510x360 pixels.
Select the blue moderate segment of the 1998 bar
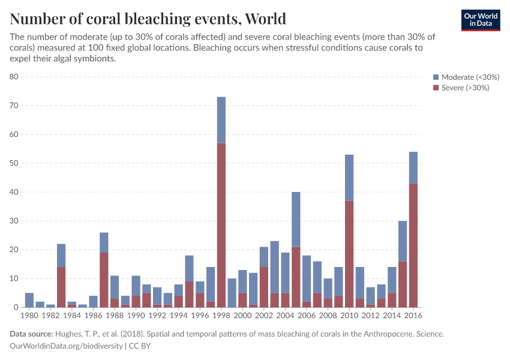221,120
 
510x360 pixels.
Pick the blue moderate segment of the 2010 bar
349,178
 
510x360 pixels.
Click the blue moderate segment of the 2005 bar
296,219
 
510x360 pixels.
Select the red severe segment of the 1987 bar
104,280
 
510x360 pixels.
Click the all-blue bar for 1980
29,300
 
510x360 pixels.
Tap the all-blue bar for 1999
232,293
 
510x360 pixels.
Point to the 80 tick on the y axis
14,77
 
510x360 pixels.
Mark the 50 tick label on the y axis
14,163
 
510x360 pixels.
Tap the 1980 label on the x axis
29,315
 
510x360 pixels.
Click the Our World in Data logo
481,20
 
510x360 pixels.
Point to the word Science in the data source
429,334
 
